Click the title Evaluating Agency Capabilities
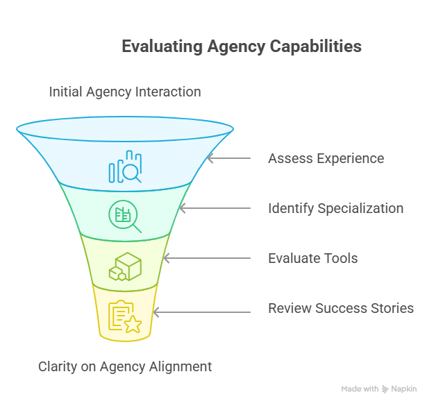(x=242, y=46)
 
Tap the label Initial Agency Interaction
(x=125, y=92)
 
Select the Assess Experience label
(x=326, y=158)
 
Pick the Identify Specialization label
(x=335, y=209)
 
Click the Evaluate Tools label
(x=312, y=258)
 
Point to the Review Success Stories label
(x=341, y=308)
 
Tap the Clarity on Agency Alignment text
(x=125, y=367)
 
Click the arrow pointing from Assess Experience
(x=229, y=158)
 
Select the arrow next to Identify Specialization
(x=215, y=208)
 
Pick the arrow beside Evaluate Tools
(x=207, y=258)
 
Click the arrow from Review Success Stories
(x=202, y=312)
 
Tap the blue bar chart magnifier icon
(x=125, y=167)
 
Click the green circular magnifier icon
(x=125, y=216)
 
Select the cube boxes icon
(x=125, y=266)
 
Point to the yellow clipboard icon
(x=125, y=316)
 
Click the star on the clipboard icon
(x=133, y=324)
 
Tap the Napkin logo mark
(x=385, y=389)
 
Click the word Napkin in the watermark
(x=404, y=389)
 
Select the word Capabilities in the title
(x=315, y=46)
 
